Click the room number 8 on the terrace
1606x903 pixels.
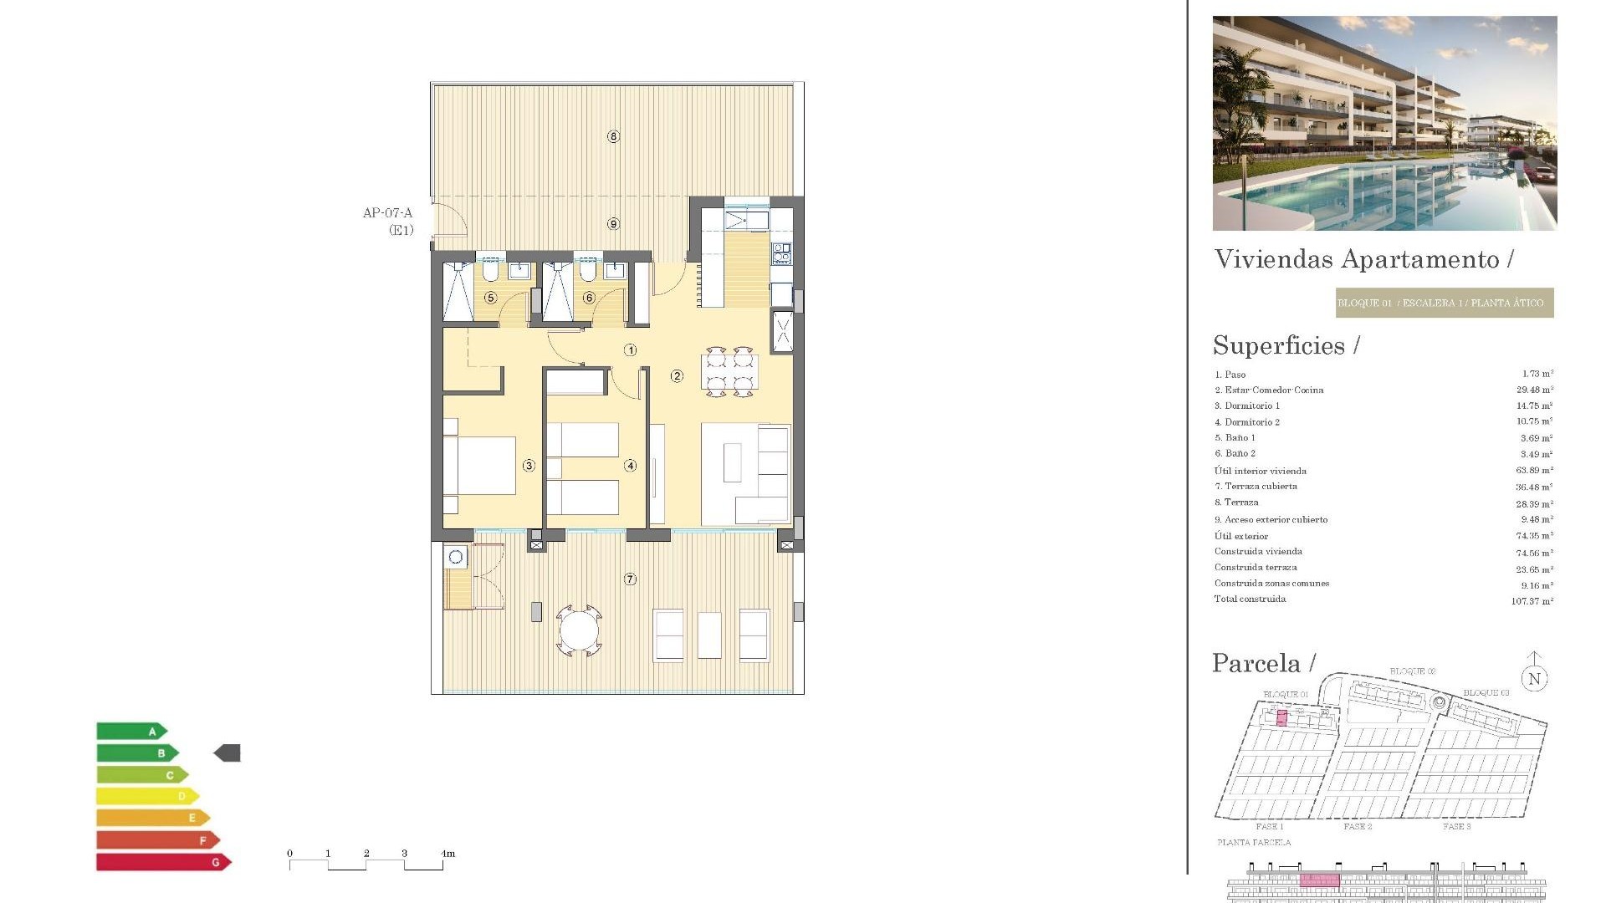point(613,136)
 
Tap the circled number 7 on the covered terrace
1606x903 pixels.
point(630,579)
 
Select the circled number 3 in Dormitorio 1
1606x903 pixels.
point(529,466)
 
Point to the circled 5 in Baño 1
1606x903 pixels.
point(491,298)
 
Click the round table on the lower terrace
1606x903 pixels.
point(579,630)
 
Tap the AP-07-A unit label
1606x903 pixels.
point(387,213)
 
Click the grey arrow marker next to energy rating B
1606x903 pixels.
point(228,753)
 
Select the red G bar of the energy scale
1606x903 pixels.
point(161,862)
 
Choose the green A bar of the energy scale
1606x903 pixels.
point(130,732)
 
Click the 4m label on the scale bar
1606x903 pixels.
point(448,854)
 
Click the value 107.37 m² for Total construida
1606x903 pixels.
point(1532,601)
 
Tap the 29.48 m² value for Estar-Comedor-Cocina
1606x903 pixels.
point(1534,390)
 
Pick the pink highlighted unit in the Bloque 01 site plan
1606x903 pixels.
point(1281,717)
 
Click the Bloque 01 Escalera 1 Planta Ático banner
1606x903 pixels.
point(1444,303)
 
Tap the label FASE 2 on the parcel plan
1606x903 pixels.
point(1358,826)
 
